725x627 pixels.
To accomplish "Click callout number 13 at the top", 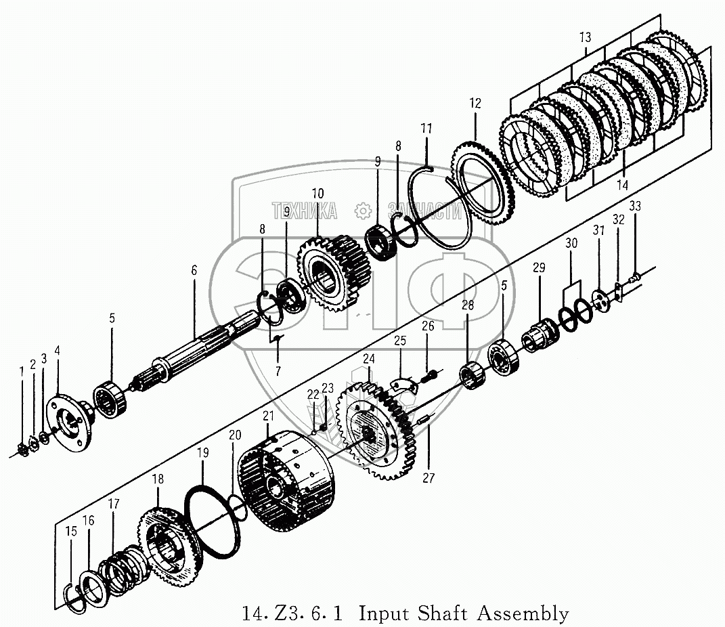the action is point(585,38).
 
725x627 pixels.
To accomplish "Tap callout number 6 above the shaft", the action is point(194,270).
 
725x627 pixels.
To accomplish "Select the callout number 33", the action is point(634,205).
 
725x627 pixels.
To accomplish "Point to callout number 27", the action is point(429,478).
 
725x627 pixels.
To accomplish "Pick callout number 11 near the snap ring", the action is point(426,128).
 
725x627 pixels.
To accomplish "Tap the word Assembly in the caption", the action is point(523,614).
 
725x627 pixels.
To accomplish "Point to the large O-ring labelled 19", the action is point(215,522).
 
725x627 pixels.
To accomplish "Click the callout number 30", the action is point(571,243).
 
